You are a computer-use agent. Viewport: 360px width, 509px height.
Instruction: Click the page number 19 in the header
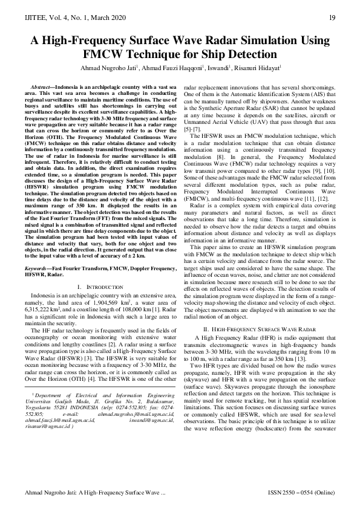332,17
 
